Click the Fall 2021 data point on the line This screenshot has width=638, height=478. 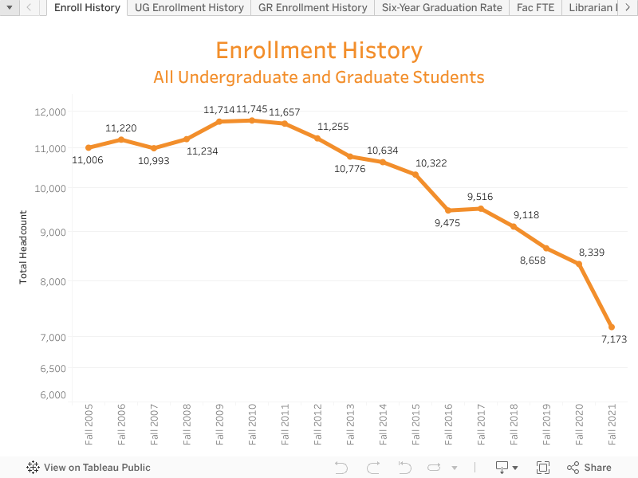(612, 327)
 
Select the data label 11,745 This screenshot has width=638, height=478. (252, 109)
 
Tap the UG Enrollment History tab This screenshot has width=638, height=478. (189, 8)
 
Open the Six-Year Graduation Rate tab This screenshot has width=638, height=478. (442, 8)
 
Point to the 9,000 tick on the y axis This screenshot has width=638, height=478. (53, 232)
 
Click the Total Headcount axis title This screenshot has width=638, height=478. (23, 247)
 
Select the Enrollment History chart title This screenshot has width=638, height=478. (319, 51)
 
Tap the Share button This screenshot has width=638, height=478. (589, 468)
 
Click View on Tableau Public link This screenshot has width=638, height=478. (89, 468)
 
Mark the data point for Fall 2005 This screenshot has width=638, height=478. (89, 147)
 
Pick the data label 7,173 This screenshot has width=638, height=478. (614, 339)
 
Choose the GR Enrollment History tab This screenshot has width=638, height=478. (313, 8)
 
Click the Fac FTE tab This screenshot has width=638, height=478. (535, 8)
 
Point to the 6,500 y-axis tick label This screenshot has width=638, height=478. (53, 368)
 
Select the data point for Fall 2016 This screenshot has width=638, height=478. (448, 210)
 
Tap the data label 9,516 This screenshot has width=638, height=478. (480, 197)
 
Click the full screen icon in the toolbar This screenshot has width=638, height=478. (543, 468)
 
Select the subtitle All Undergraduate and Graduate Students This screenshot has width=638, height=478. (319, 77)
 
